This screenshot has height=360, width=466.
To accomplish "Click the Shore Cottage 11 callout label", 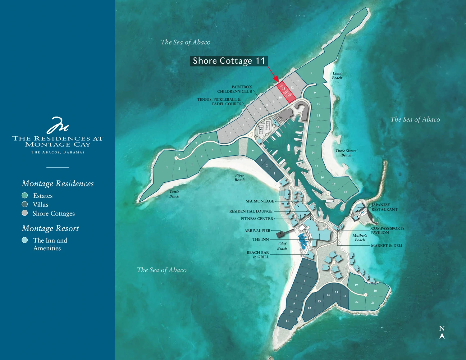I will pyautogui.click(x=229, y=61).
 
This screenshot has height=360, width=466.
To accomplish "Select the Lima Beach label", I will pyautogui.click(x=337, y=75).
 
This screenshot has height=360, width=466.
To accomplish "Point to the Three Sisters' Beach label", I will pyautogui.click(x=346, y=153).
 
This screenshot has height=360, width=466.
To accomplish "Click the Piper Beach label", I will pyautogui.click(x=239, y=177).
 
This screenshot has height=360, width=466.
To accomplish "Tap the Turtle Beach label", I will pyautogui.click(x=174, y=194).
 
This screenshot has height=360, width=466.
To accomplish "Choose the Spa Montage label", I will pyautogui.click(x=260, y=201).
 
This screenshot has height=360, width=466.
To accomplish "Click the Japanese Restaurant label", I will pyautogui.click(x=384, y=207).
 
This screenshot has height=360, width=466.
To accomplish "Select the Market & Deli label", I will pyautogui.click(x=386, y=246).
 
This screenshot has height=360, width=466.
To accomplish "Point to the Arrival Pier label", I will pyautogui.click(x=257, y=231).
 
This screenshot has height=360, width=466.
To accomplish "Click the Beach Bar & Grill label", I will pyautogui.click(x=258, y=255).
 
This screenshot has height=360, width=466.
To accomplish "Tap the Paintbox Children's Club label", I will pyautogui.click(x=235, y=89).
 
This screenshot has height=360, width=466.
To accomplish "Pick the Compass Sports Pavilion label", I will pyautogui.click(x=387, y=230).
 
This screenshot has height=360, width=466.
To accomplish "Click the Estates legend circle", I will pyautogui.click(x=25, y=195).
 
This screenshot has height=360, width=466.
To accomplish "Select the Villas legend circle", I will pyautogui.click(x=25, y=204).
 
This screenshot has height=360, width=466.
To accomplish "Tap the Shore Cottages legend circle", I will pyautogui.click(x=25, y=213).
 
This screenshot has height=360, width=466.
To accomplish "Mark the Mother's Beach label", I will pyautogui.click(x=360, y=238).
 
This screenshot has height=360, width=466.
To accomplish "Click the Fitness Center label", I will pyautogui.click(x=257, y=219).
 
